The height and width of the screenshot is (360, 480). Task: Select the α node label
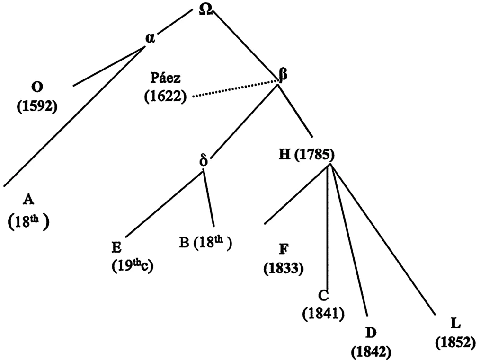[x=151, y=38]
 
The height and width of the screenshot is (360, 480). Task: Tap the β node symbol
[x=284, y=75]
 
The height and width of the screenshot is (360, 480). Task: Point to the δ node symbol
[x=204, y=160]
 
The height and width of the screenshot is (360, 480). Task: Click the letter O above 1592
[x=37, y=87]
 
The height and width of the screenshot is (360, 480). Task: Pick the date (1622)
[x=166, y=97]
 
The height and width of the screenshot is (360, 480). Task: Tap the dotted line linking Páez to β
[x=236, y=89]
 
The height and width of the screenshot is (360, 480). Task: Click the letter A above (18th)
[x=28, y=200]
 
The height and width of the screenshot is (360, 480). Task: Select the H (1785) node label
[x=306, y=155]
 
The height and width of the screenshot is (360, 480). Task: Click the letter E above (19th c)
[x=116, y=247]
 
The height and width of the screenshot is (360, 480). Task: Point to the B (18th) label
[x=205, y=244]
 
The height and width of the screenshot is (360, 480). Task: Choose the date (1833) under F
[x=284, y=269]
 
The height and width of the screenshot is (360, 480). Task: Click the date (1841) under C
[x=323, y=314]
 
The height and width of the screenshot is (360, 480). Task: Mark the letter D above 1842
[x=371, y=333]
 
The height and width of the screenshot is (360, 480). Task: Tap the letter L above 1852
[x=456, y=324]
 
